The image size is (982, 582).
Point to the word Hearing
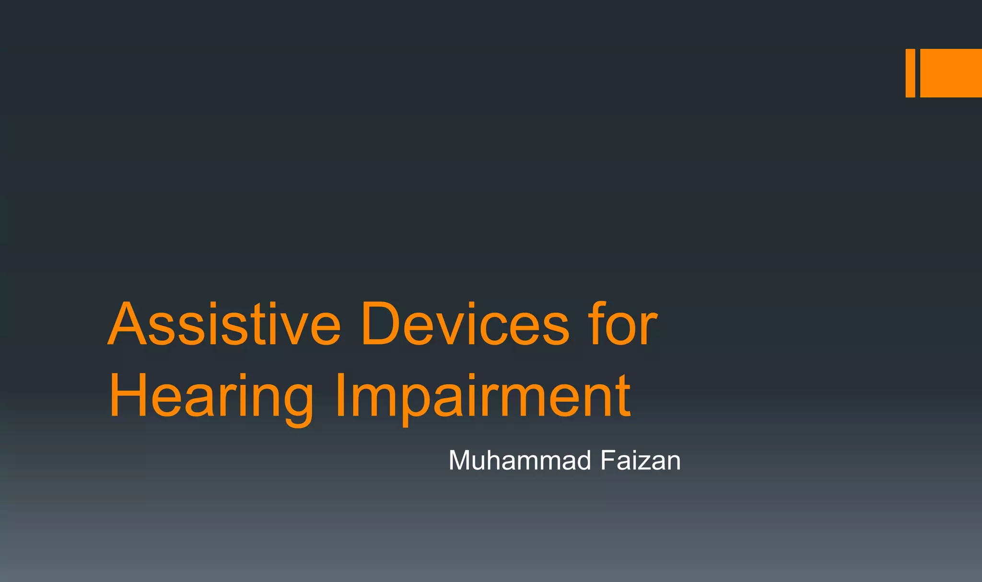(x=211, y=397)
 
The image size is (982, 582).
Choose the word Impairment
(x=482, y=397)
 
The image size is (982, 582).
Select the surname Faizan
(x=640, y=461)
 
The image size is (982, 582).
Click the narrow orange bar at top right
(x=910, y=73)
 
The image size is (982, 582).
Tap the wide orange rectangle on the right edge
(x=951, y=73)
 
